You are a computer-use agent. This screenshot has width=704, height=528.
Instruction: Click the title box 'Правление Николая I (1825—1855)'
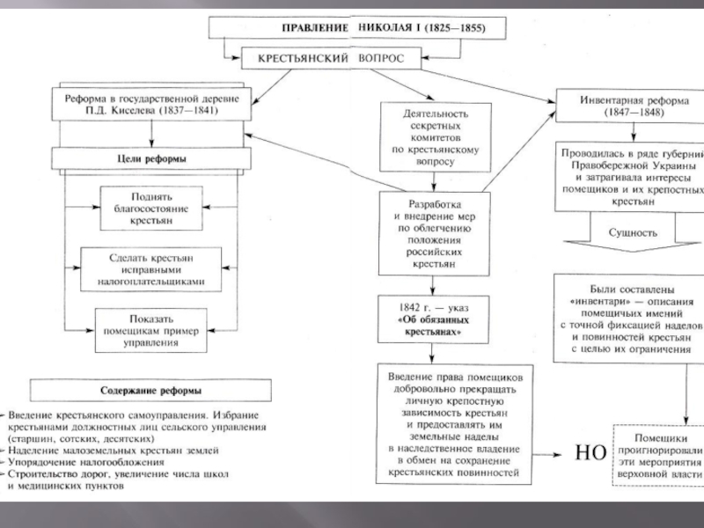pos(358,28)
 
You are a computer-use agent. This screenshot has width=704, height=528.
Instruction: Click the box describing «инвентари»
pos(630,319)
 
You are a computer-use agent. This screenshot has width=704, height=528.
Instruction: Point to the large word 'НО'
pos(589,454)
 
